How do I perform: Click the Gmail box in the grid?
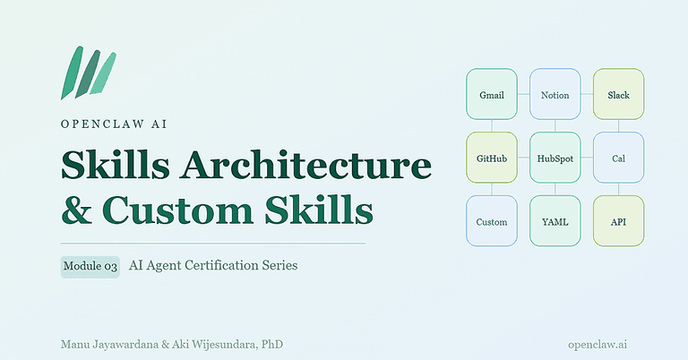[x=492, y=94]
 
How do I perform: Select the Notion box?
[x=555, y=94]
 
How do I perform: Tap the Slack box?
[x=618, y=94]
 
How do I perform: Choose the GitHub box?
[x=492, y=158]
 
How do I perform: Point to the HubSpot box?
[x=555, y=158]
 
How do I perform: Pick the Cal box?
[x=618, y=158]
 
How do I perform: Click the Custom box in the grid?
[x=492, y=221]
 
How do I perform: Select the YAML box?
[x=555, y=221]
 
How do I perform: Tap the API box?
[x=618, y=221]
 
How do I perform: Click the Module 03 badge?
[x=90, y=266]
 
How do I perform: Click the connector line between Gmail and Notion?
[x=524, y=94]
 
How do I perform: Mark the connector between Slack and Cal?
[x=618, y=126]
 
